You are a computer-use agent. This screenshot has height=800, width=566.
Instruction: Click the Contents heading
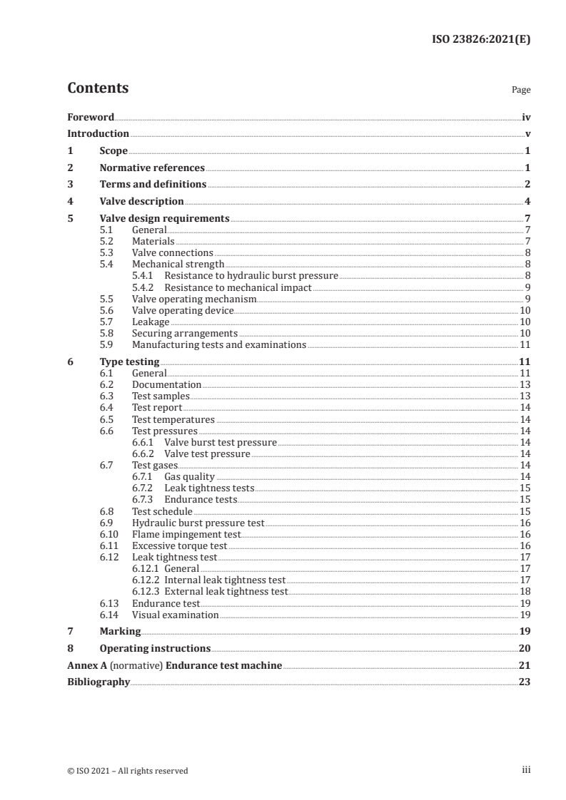98,88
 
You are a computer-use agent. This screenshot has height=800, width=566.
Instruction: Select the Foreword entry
91,117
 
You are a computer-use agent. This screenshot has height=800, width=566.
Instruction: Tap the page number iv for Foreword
526,117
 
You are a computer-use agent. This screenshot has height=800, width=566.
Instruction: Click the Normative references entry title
152,168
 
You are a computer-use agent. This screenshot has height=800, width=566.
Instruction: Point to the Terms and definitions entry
153,185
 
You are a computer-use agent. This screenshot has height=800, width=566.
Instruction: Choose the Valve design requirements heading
164,219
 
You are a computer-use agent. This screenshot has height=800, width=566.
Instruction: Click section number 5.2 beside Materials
106,242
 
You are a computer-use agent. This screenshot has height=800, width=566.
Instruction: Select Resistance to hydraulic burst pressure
251,276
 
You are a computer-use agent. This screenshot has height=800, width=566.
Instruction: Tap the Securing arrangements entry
185,333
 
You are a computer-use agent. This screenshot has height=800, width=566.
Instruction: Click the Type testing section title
129,362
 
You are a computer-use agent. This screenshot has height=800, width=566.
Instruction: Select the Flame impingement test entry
187,534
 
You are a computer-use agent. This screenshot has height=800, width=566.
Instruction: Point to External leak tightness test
226,591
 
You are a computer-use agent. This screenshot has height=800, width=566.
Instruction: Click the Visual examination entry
176,615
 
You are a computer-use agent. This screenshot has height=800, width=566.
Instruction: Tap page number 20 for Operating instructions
525,648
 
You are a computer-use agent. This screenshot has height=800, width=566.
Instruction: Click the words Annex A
86,665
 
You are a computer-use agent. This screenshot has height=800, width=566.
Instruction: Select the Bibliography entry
98,682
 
